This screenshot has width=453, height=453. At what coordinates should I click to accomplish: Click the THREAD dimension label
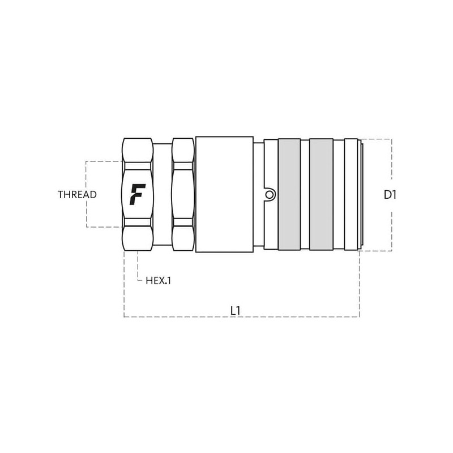pyautogui.click(x=77, y=195)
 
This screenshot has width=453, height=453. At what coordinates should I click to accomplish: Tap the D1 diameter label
pyautogui.click(x=390, y=195)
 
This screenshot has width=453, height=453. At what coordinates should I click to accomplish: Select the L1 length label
pyautogui.click(x=236, y=311)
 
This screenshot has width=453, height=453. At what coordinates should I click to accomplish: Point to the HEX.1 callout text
pyautogui.click(x=159, y=280)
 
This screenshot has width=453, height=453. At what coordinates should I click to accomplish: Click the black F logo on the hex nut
pyautogui.click(x=137, y=194)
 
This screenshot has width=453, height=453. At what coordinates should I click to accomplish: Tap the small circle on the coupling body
pyautogui.click(x=270, y=195)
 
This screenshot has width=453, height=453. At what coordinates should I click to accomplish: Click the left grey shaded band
pyautogui.click(x=289, y=194)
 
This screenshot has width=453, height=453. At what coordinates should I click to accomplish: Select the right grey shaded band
pyautogui.click(x=321, y=194)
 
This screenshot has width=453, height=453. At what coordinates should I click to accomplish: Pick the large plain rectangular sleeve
pyautogui.click(x=224, y=194)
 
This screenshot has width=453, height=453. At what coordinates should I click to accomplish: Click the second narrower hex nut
pyautogui.click(x=183, y=194)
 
